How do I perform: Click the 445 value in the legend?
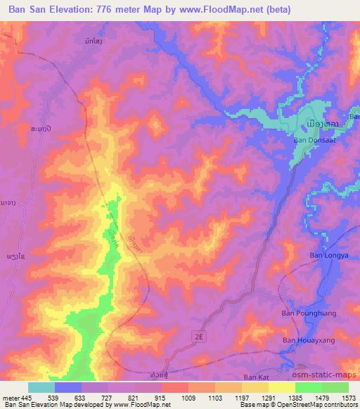click(25, 398)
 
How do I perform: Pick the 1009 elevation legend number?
click(188, 398)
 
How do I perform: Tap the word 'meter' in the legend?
click(10, 398)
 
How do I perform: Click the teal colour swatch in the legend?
click(41, 387)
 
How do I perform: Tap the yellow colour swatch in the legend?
click(282, 387)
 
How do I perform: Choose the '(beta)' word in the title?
click(276, 9)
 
